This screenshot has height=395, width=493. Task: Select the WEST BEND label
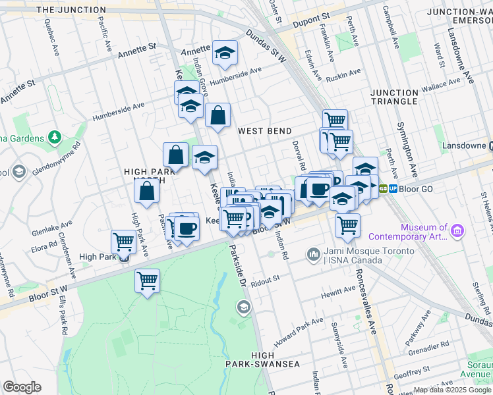[x=265, y=131]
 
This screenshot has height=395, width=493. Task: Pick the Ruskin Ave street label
[x=344, y=74]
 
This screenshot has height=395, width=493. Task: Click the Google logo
[x=22, y=387]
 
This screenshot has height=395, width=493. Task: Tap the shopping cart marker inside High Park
[x=147, y=280]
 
